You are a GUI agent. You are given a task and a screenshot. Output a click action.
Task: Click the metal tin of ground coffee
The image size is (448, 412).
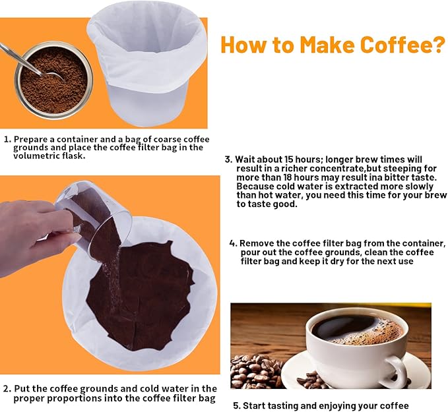[x=53, y=82]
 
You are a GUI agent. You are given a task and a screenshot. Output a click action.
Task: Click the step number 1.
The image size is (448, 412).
[x=7, y=139]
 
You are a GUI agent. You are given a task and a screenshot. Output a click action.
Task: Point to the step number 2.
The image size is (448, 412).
[x=7, y=388]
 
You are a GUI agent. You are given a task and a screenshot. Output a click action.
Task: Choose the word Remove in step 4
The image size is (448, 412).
[x=257, y=243]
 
